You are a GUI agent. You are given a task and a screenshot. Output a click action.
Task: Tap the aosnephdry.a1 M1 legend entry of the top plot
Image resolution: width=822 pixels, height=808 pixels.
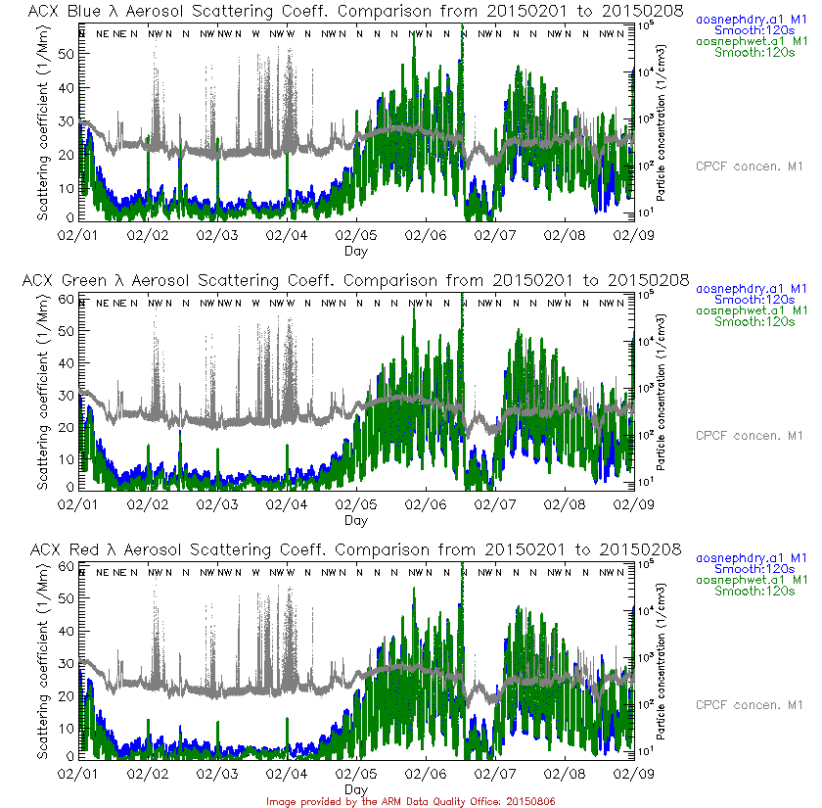tap(752, 19)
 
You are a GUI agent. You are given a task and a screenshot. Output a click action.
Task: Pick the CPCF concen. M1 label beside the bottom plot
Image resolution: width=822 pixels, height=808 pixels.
tap(750, 705)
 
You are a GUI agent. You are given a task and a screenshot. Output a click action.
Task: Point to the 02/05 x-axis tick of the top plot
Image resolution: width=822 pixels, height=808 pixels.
tap(356, 236)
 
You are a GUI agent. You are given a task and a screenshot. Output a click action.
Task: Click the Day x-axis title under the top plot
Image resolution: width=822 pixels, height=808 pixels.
tap(356, 251)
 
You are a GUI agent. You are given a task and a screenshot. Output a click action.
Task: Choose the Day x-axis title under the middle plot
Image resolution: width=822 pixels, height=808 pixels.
tap(356, 520)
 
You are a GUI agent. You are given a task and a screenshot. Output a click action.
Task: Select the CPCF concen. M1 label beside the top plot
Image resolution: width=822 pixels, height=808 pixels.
tap(750, 166)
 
